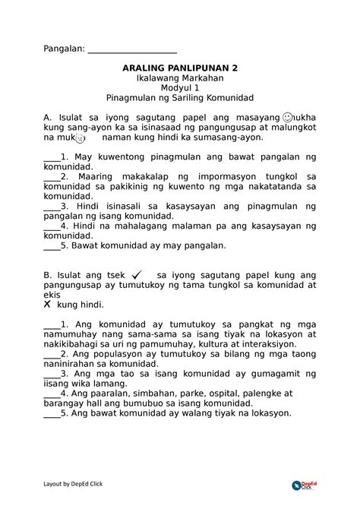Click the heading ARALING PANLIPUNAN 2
(x=180, y=68)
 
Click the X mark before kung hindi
(x=47, y=302)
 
